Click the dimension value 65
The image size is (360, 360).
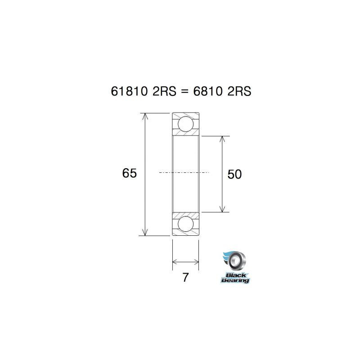(129, 173)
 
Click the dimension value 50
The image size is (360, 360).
(234, 174)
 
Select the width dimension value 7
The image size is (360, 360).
(185, 277)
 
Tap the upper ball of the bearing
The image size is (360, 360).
(185, 123)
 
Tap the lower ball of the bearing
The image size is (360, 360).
(185, 224)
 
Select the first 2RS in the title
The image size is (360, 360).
(161, 91)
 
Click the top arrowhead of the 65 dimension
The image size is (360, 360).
(145, 116)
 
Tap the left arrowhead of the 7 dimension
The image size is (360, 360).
(175, 261)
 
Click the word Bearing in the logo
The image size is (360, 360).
(234, 280)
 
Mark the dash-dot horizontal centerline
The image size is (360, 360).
(184, 172)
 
